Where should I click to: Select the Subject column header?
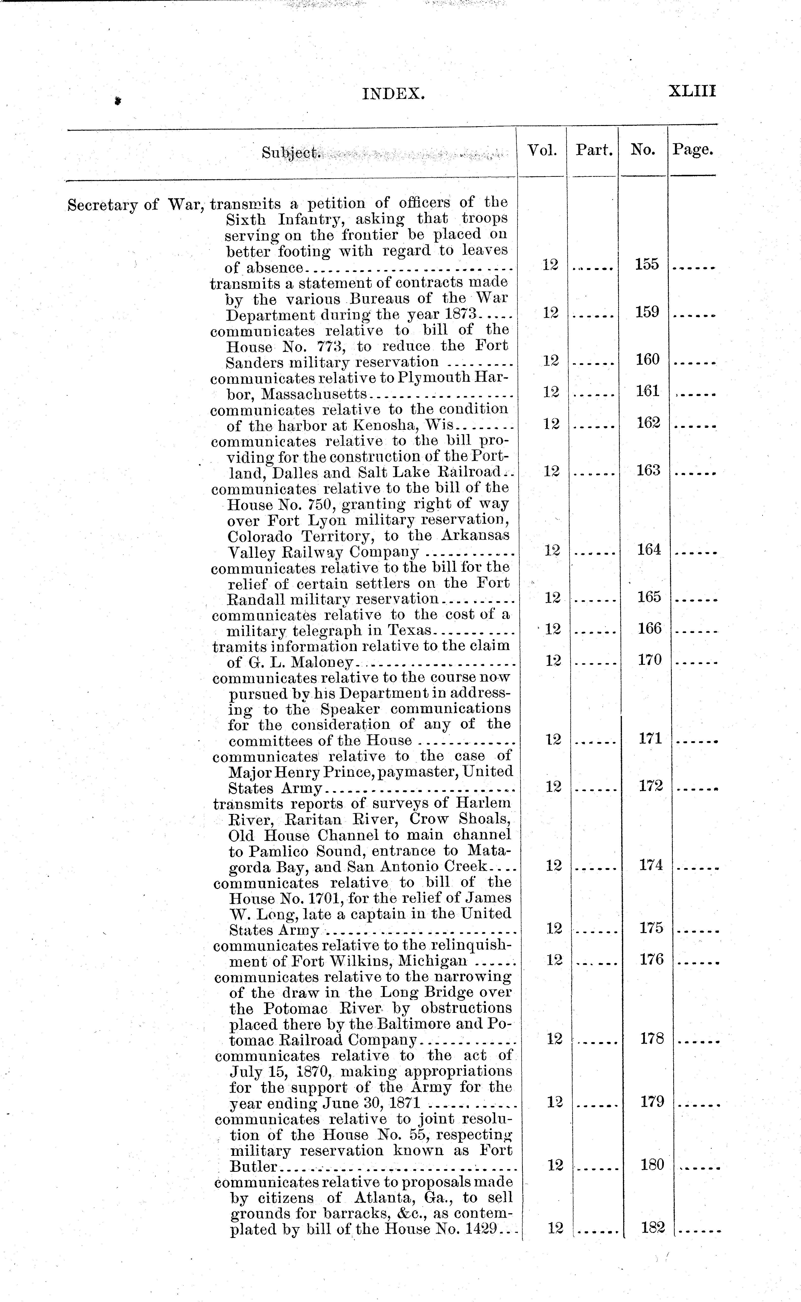291,153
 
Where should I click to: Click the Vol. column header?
542,150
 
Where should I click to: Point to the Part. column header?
594,150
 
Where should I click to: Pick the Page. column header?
692,150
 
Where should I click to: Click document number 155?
647,264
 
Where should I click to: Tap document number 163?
648,470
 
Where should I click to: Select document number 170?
650,660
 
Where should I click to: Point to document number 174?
651,865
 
